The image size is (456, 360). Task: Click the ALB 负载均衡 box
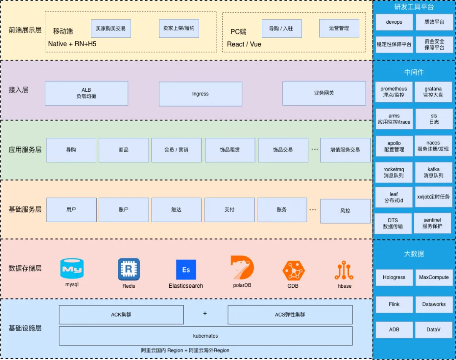[x=86, y=93]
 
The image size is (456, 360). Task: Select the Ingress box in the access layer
[x=200, y=94]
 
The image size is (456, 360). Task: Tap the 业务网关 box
[x=324, y=93]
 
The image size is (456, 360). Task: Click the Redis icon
[x=129, y=269]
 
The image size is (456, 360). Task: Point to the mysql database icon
[x=72, y=268]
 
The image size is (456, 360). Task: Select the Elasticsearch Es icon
[x=186, y=270]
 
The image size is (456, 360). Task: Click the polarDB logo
[x=242, y=267]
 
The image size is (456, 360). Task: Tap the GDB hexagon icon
[x=293, y=271]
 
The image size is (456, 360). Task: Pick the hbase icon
[x=344, y=271]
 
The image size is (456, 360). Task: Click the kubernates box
[x=206, y=336]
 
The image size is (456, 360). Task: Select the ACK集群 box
[x=121, y=315]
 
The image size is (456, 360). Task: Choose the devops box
[x=394, y=22]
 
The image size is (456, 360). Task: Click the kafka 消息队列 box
[x=434, y=172]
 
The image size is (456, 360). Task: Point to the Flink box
[x=394, y=304]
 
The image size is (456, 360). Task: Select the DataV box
[x=433, y=330]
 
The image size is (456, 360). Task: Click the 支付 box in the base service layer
[x=229, y=210]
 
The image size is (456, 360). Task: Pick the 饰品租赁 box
[x=230, y=150]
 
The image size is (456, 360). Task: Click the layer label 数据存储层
[x=25, y=268]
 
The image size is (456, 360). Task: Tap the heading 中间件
[x=414, y=72]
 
